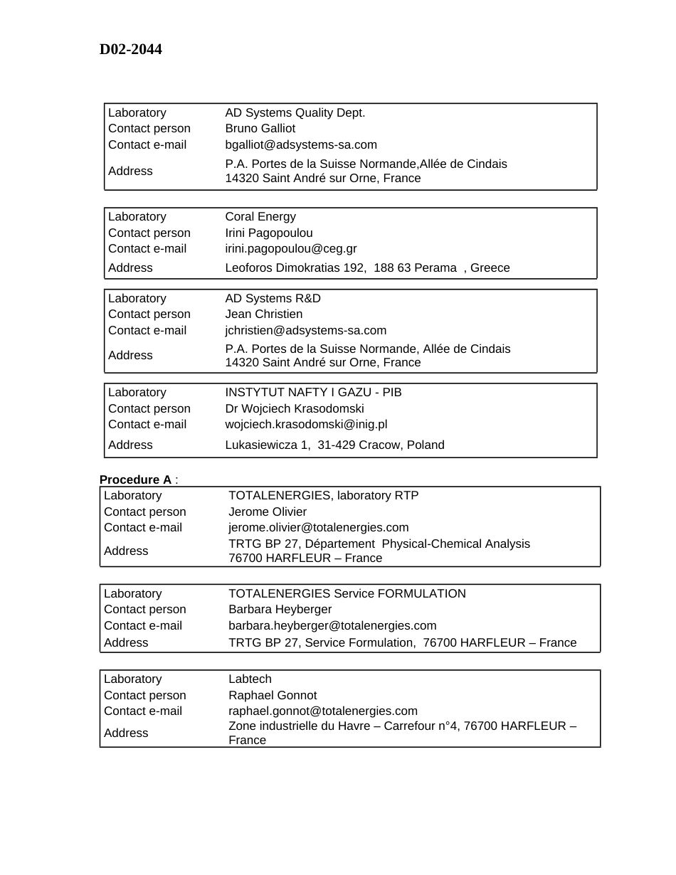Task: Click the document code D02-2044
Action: coord(130,49)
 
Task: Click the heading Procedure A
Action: coord(135,479)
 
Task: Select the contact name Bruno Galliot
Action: coord(260,129)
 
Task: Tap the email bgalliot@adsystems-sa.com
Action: coord(301,145)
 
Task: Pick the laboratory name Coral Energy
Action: coord(260,217)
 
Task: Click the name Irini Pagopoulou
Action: coord(269,233)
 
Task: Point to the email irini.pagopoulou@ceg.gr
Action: coord(291,249)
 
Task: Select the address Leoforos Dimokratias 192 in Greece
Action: coord(367,268)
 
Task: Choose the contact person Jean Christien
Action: coord(264,314)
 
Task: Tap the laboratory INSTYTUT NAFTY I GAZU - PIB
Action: coord(313,393)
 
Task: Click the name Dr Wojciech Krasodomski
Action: coord(295,409)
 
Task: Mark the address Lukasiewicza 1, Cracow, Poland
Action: coord(334,445)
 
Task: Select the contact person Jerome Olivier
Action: coord(268,512)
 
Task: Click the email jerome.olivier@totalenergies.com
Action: coord(319,528)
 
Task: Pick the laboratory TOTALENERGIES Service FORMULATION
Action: coord(347,594)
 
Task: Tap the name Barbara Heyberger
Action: coord(280,610)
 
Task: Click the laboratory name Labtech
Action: coord(250,679)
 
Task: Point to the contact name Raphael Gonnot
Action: coord(273,696)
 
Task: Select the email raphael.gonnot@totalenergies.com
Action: coord(323,711)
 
